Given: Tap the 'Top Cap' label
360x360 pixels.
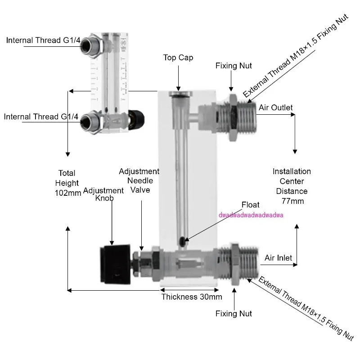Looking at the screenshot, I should (178, 58).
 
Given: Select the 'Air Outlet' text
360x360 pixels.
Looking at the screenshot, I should (275, 108).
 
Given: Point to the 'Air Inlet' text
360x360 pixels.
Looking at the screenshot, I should (278, 258).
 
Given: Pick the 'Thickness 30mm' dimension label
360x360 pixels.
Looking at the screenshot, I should (192, 297).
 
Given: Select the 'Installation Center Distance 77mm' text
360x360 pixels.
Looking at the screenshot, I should (292, 186).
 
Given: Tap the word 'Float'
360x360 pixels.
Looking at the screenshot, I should (250, 205).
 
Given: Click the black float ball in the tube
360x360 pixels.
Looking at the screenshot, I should (181, 242).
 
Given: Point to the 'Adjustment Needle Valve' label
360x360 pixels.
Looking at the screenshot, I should (139, 180).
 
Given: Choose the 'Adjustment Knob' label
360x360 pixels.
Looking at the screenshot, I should (103, 194).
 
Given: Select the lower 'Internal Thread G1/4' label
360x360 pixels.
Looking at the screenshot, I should (41, 117).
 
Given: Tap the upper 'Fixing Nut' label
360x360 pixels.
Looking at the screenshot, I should (232, 66).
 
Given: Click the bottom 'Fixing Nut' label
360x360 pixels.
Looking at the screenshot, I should (234, 313).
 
